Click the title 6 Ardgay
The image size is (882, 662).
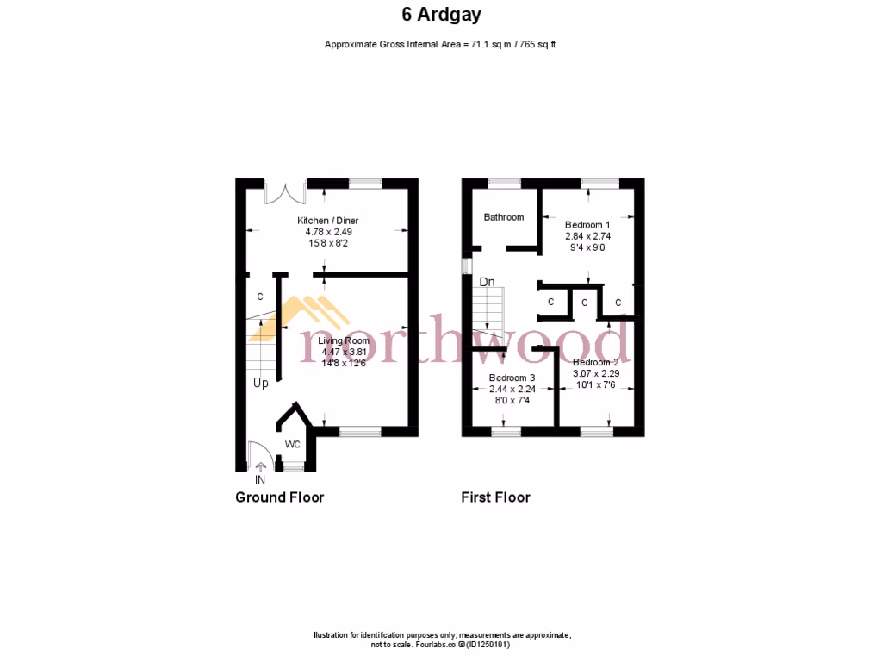[440, 14]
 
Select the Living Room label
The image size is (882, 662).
[345, 341]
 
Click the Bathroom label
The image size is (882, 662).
[503, 217]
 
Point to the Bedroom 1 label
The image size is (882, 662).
[587, 225]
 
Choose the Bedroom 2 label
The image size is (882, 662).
[595, 363]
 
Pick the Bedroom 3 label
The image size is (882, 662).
[512, 378]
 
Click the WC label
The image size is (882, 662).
[293, 445]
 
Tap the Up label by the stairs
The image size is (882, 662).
[260, 383]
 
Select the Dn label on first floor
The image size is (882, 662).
[488, 282]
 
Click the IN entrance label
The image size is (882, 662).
[260, 480]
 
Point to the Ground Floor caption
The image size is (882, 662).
[279, 497]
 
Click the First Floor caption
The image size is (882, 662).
[495, 497]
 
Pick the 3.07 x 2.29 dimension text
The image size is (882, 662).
[595, 373]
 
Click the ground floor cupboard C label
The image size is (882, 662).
[260, 297]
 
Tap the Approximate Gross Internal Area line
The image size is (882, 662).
[440, 44]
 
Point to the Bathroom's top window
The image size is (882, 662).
[504, 182]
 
